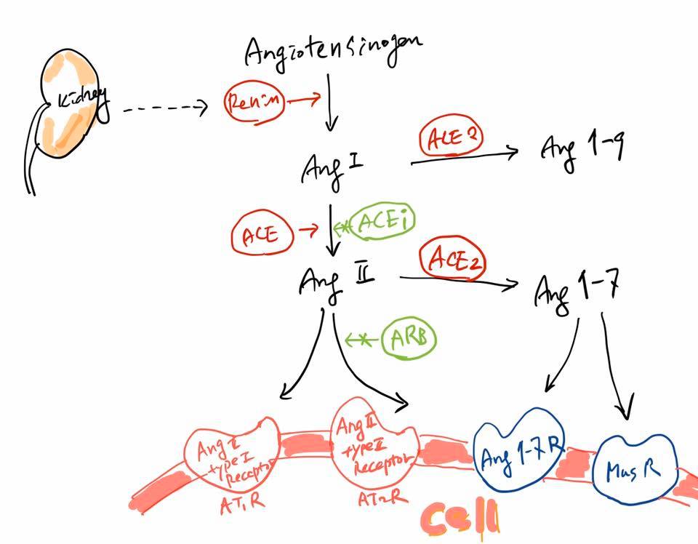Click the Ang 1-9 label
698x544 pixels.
click(582, 149)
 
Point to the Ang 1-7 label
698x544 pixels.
click(576, 288)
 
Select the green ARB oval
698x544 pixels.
click(409, 338)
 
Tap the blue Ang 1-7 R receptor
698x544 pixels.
click(521, 448)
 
